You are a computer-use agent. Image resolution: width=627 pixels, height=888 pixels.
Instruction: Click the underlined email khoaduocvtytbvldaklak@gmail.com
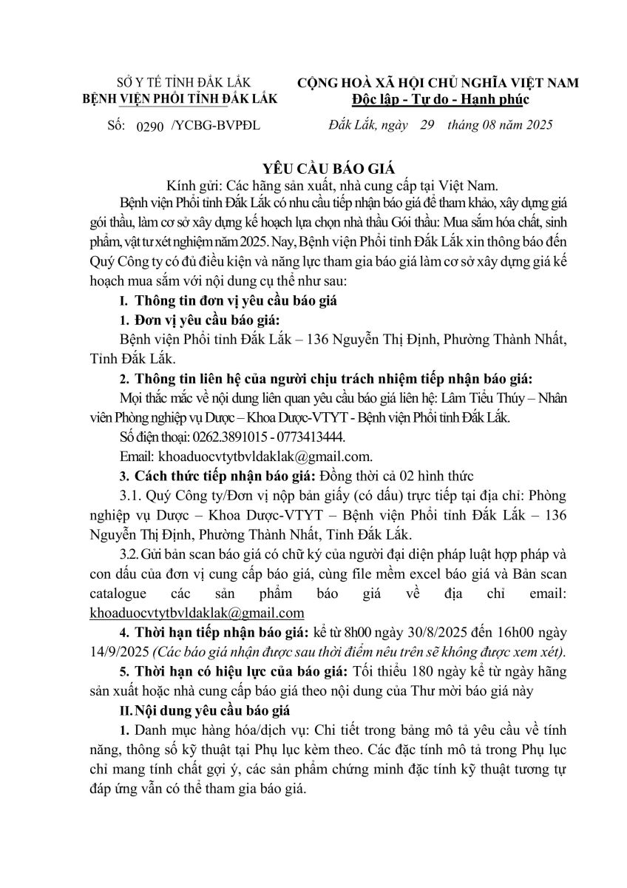tap(197, 613)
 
